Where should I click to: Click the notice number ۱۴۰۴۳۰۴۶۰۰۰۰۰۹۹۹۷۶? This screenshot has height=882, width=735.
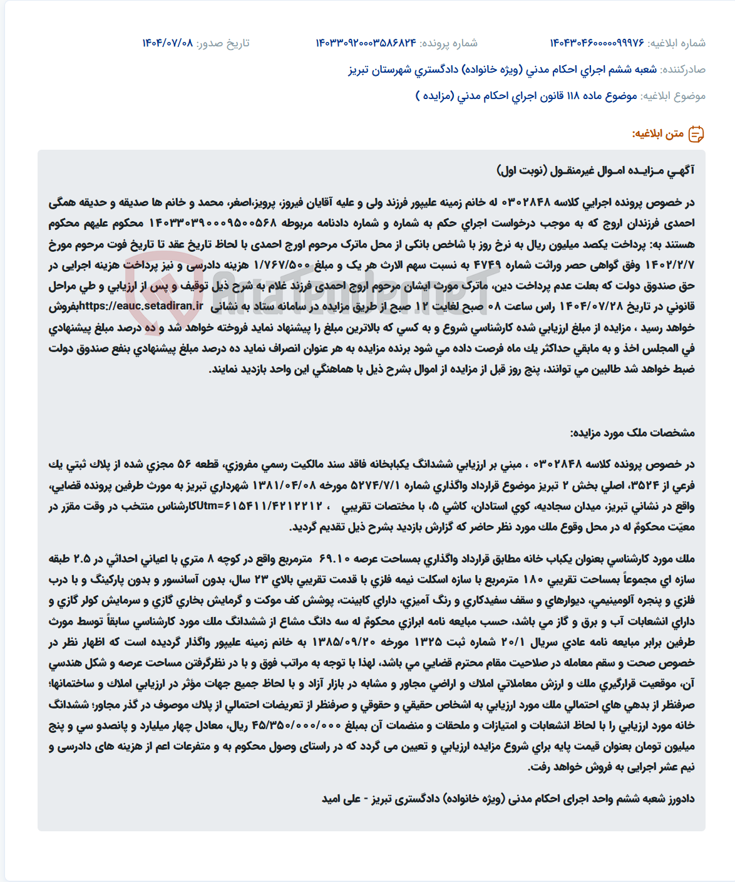coord(597,43)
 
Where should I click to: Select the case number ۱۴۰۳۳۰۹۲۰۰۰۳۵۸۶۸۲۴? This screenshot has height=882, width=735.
coord(366,43)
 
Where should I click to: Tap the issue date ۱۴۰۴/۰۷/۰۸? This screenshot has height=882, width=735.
coord(168,43)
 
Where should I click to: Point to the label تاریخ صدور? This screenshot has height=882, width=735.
coord(223,43)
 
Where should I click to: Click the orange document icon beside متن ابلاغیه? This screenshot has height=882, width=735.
coord(696,134)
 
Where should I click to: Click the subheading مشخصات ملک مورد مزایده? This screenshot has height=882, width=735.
coord(632,433)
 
